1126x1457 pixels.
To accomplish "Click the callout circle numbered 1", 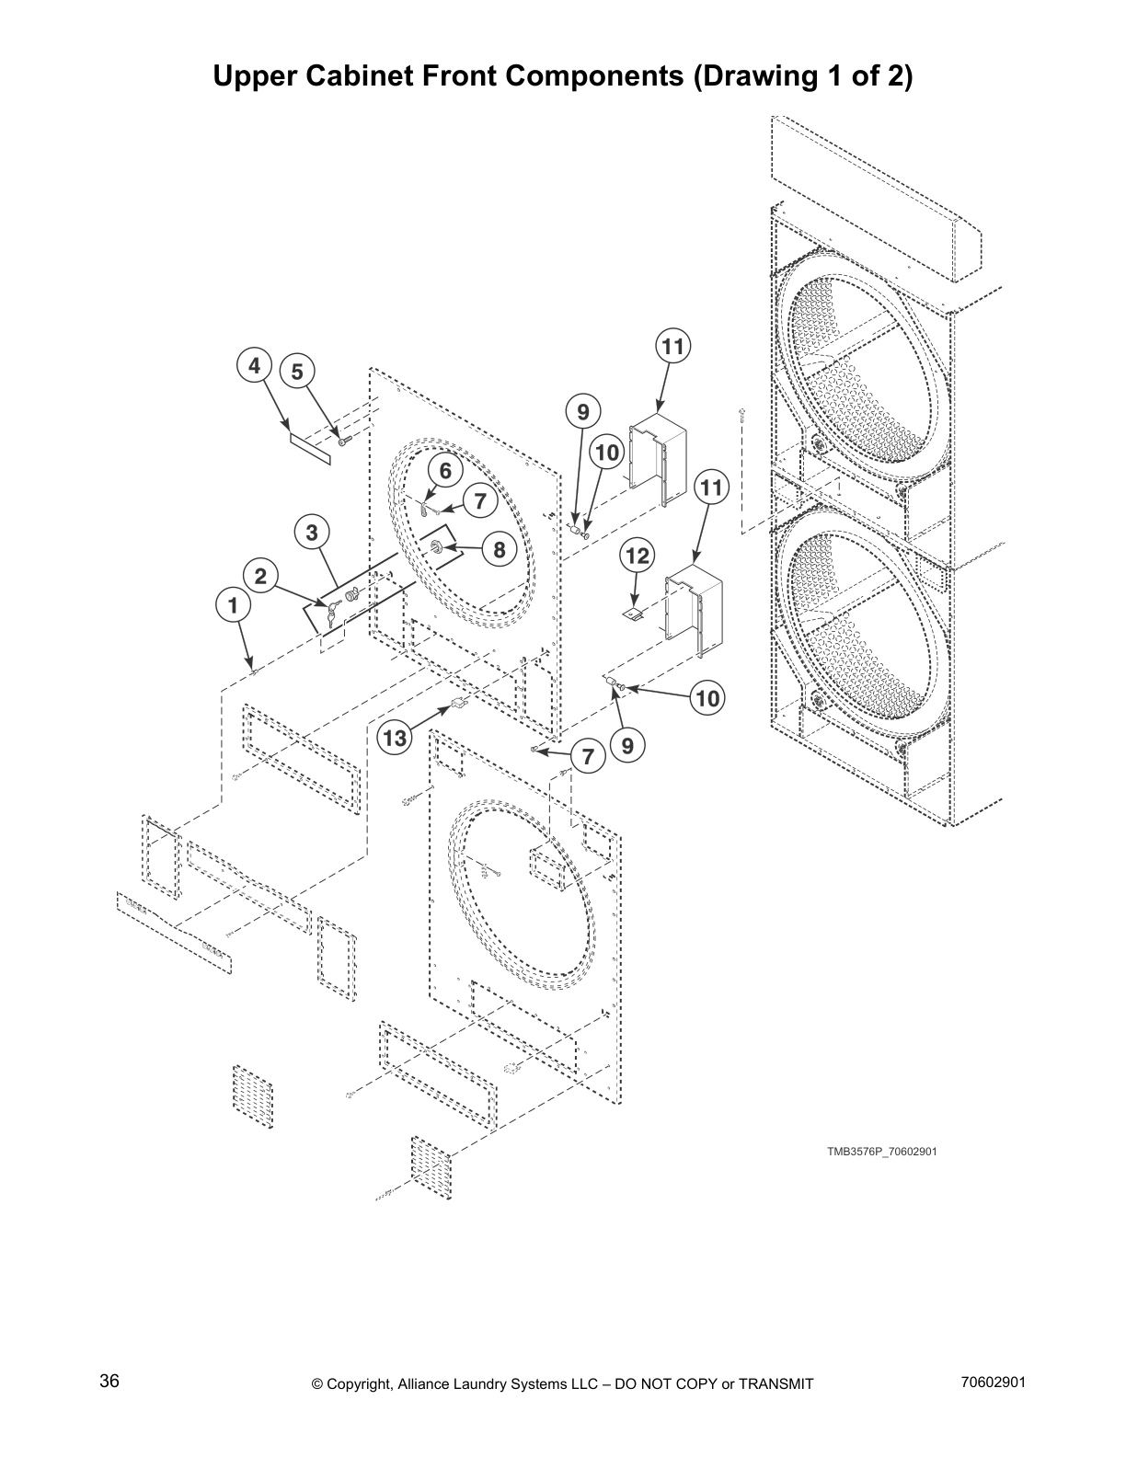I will point(233,605).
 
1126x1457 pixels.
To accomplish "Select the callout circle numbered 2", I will point(261,577).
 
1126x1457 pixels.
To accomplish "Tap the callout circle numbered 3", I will point(312,532).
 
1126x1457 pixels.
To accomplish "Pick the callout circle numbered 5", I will point(297,372).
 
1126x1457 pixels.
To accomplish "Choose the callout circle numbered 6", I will point(445,471).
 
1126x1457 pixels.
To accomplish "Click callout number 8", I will point(500,549).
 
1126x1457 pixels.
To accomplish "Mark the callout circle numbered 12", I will point(637,556).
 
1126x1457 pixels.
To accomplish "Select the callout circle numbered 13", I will point(395,738).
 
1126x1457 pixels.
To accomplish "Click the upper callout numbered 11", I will point(673,347).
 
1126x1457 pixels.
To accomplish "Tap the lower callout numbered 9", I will point(627,746).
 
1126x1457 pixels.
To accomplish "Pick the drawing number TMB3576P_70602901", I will point(881,1152).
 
